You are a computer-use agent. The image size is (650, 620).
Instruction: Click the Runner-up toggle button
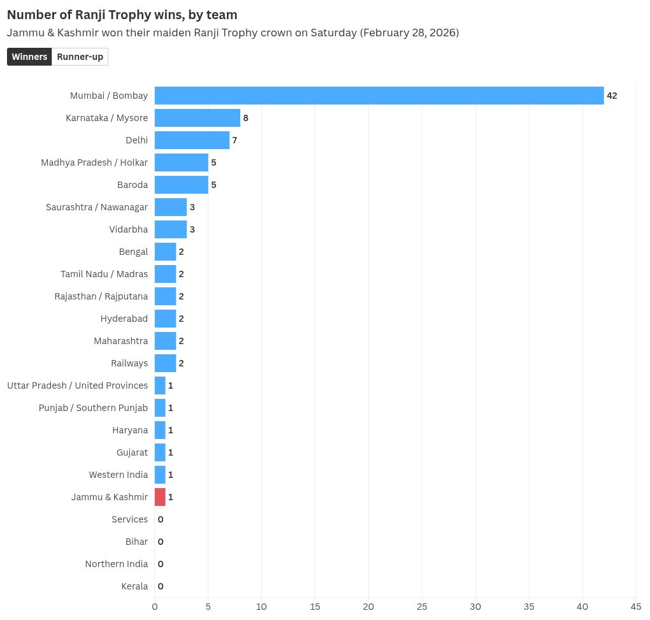coord(80,57)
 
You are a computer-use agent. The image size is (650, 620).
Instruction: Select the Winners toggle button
coord(29,57)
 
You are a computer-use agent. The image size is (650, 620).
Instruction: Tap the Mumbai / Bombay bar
coord(379,96)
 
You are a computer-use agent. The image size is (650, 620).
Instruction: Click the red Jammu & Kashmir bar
coord(160,497)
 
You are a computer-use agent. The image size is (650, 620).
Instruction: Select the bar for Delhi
coord(192,140)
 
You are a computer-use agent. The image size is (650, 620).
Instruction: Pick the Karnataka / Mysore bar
coord(197,118)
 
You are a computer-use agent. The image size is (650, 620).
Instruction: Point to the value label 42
coord(612,96)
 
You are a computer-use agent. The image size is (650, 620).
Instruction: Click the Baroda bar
coord(181,185)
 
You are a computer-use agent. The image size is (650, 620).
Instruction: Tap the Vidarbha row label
coord(128,229)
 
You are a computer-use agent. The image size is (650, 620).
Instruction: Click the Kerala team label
coord(134,586)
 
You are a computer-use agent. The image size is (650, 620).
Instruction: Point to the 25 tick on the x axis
coord(422,607)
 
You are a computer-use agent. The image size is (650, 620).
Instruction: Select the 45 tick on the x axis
coord(636,607)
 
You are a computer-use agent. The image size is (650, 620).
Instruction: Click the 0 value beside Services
coord(161,519)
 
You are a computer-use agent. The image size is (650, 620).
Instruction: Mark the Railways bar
coord(165,363)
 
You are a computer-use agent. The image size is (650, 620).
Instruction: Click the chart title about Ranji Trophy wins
coord(122,15)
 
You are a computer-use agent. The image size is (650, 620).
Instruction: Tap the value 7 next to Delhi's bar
coord(235,140)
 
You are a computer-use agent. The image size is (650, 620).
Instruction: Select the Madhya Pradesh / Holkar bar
coord(181,162)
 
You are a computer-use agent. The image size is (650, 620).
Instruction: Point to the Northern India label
coord(116,564)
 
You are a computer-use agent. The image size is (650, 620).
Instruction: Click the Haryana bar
coord(160,430)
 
